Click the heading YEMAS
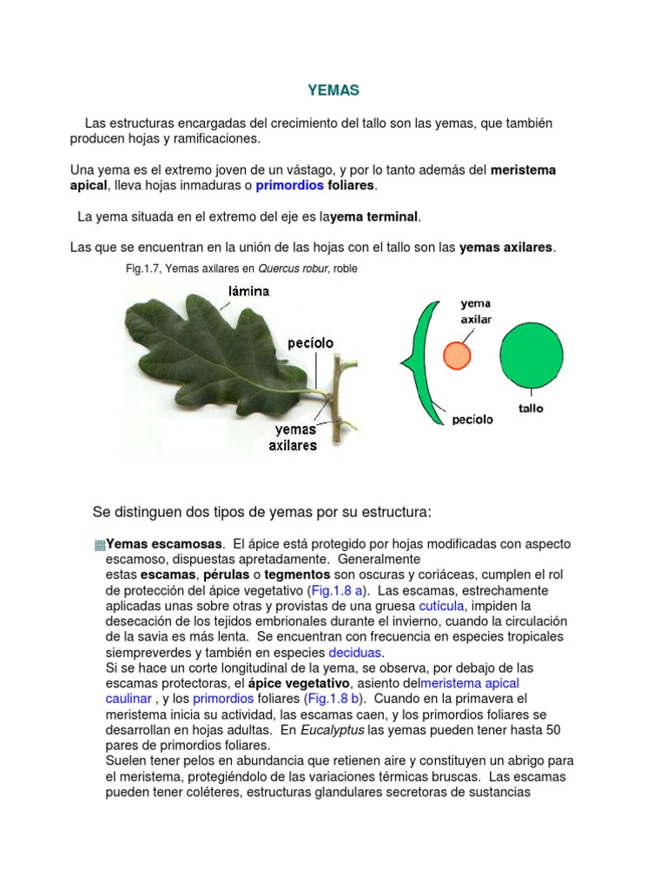tap(333, 90)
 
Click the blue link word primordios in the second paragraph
tap(289, 186)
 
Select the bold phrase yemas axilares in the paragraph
tap(505, 248)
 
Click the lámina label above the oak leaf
tap(249, 292)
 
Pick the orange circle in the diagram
tap(457, 355)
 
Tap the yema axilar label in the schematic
tap(476, 312)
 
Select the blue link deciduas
tap(355, 653)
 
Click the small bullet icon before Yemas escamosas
tap(99, 545)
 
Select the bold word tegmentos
tap(297, 575)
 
